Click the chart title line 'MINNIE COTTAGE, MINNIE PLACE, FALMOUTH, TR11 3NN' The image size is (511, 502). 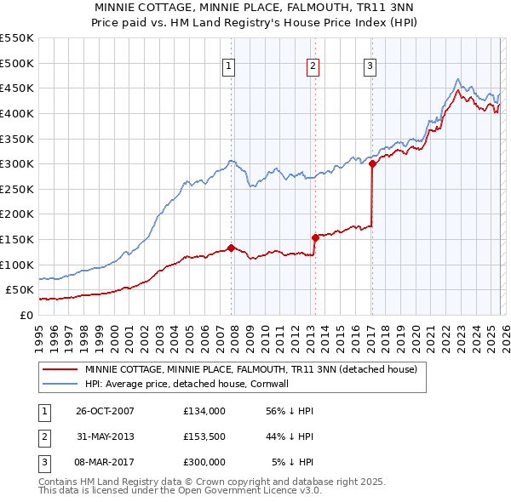[x=255, y=8]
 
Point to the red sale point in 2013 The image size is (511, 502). [x=315, y=237]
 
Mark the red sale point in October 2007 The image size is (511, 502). [x=231, y=248]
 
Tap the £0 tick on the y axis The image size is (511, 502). [x=26, y=315]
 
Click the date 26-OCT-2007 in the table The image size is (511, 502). [x=105, y=411]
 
